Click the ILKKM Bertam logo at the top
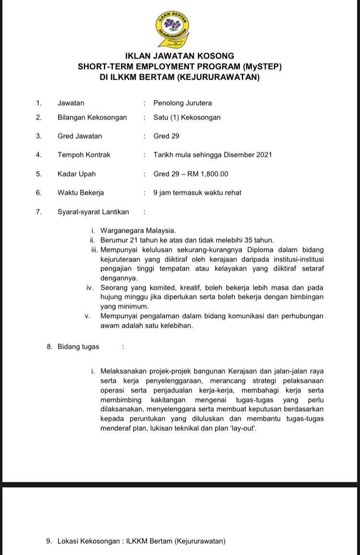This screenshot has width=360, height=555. point(172,28)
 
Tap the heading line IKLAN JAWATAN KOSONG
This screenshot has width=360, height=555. point(180,56)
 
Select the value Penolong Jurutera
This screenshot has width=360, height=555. point(182,103)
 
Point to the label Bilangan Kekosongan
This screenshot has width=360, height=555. point(92,117)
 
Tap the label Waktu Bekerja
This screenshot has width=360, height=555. point(81,193)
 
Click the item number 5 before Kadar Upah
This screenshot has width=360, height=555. point(39,174)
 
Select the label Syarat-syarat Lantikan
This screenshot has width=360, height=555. point(93,212)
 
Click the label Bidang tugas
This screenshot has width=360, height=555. point(78,346)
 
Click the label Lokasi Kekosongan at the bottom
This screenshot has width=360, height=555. point(89,541)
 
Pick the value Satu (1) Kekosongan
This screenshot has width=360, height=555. point(187,117)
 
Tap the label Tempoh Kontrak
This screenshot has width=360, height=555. point(84,154)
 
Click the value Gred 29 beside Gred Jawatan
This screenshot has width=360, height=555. point(166,136)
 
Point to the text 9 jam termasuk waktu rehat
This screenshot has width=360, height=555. point(197,193)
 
